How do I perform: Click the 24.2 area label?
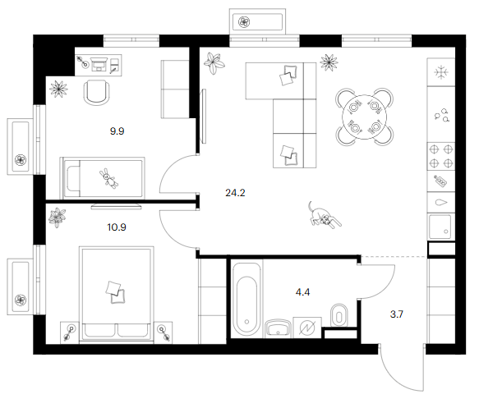pyautogui.click(x=235, y=193)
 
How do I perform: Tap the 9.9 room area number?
pyautogui.click(x=117, y=131)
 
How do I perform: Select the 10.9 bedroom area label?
pyautogui.click(x=117, y=227)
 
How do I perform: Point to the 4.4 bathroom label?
pyautogui.click(x=302, y=292)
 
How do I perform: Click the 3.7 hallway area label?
pyautogui.click(x=397, y=314)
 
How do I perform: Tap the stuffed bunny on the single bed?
pyautogui.click(x=108, y=178)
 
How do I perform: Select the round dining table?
pyautogui.click(x=365, y=117)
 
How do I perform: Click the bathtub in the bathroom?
pyautogui.click(x=246, y=299)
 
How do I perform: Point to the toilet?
pyautogui.click(x=339, y=315)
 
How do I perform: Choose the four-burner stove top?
pyautogui.click(x=441, y=156)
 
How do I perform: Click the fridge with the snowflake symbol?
pyautogui.click(x=441, y=72)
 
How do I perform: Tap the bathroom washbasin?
pyautogui.click(x=278, y=328)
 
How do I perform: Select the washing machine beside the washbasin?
pyautogui.click(x=307, y=328)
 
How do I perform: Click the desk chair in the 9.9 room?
pyautogui.click(x=96, y=93)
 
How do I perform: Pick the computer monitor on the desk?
pyautogui.click(x=99, y=64)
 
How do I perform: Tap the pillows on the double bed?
pyautogui.click(x=115, y=292)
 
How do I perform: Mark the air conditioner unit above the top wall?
pyautogui.click(x=257, y=22)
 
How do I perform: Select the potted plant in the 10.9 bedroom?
pyautogui.click(x=58, y=217)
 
